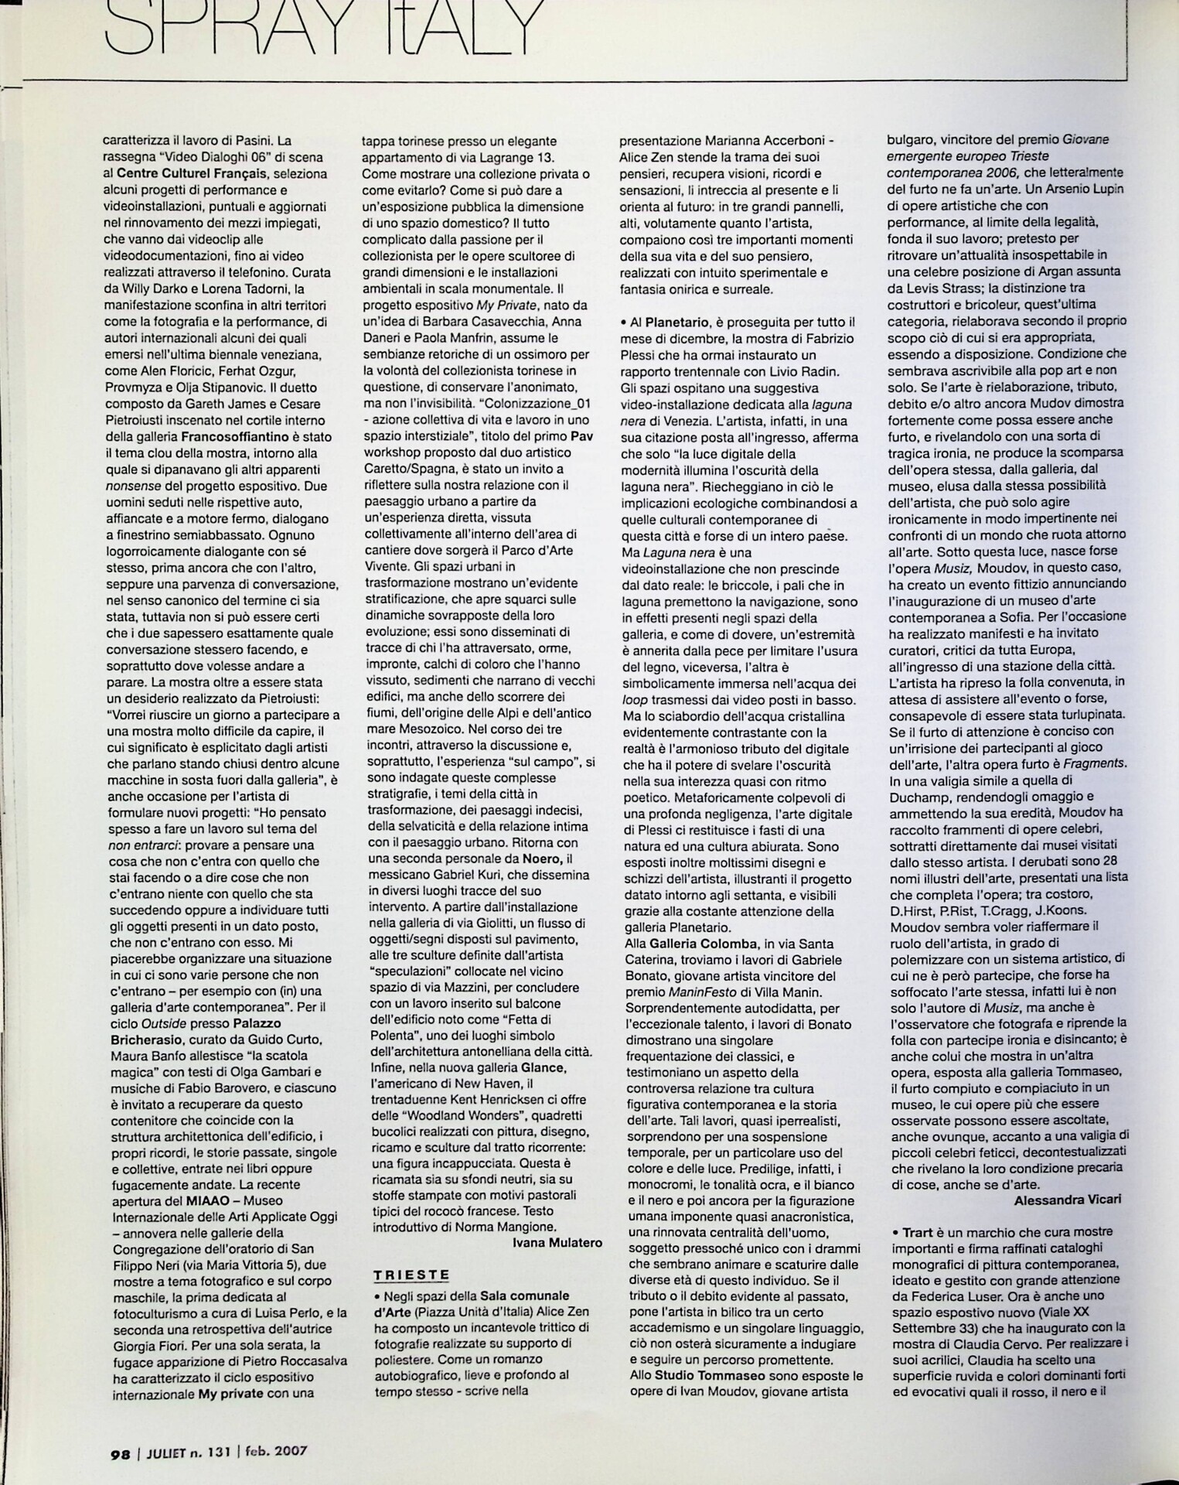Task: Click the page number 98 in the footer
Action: tap(121, 1451)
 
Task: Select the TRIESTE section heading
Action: tap(411, 1275)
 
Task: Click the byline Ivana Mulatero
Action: tap(557, 1243)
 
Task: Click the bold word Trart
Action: tap(918, 1232)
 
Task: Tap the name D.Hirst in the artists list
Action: tap(913, 910)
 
